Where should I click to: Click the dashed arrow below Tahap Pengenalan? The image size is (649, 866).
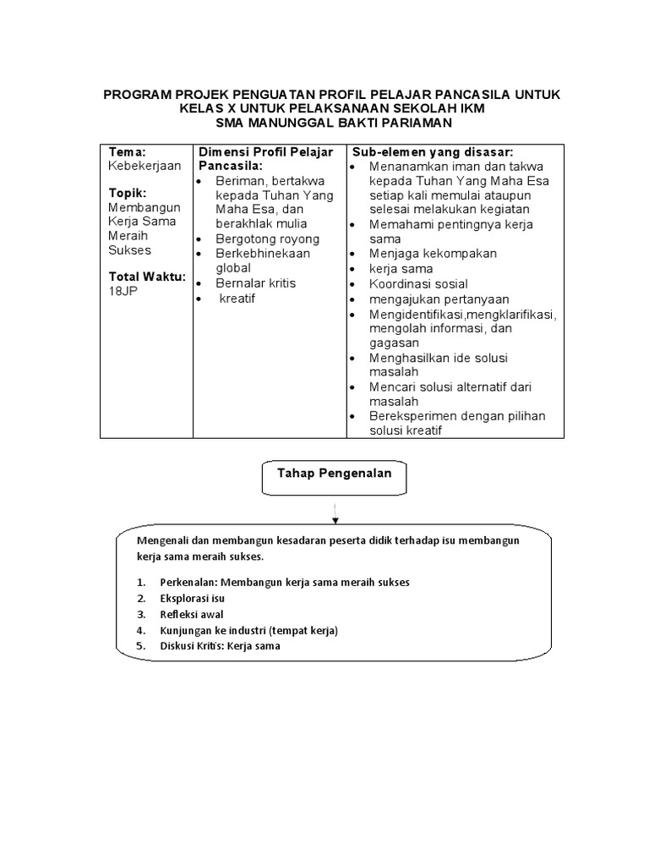coord(335,511)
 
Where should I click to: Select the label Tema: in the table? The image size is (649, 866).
coord(128,151)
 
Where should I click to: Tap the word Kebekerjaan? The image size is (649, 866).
coord(145,166)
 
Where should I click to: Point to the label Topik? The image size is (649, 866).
coord(129,192)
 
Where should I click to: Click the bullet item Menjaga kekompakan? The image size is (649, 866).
coord(433,254)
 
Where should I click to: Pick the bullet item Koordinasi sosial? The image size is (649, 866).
coord(417,283)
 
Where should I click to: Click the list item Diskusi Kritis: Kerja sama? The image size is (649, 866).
coord(220,646)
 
